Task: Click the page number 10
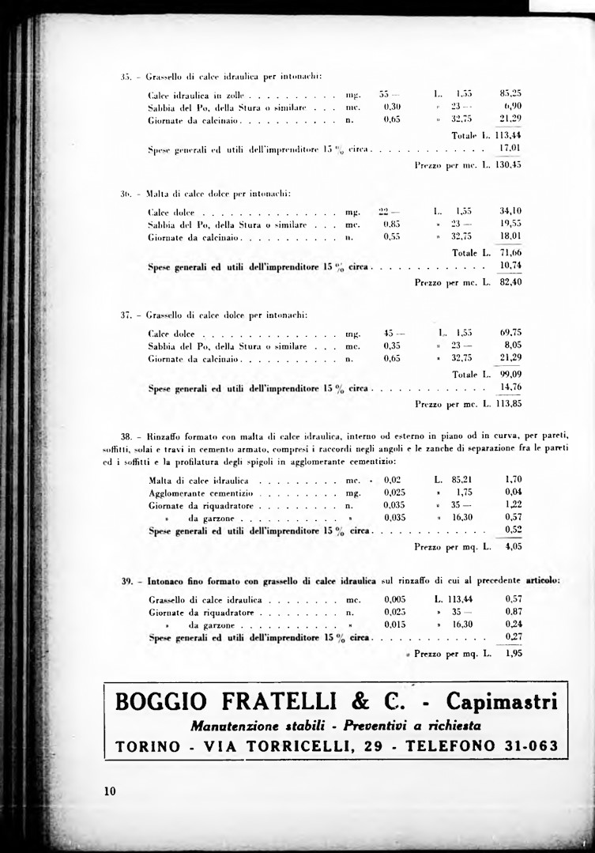tap(109, 791)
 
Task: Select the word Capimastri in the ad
tap(502, 701)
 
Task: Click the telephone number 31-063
tap(529, 746)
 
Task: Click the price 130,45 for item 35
tap(509, 165)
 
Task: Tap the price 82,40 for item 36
tap(511, 282)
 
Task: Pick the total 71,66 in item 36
tap(511, 252)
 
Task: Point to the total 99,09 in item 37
tap(511, 373)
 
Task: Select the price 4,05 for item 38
tap(514, 545)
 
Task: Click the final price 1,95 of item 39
tap(514, 655)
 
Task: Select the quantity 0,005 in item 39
tap(395, 599)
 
